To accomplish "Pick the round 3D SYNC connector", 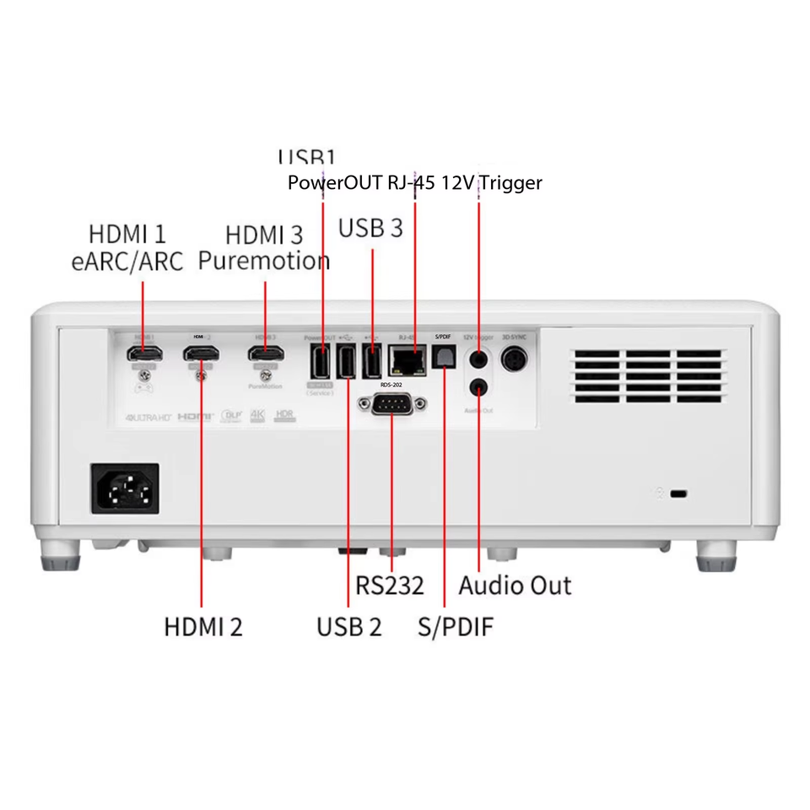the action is pyautogui.click(x=513, y=359).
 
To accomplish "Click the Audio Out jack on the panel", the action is pyautogui.click(x=479, y=387).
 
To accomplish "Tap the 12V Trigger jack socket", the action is pyautogui.click(x=479, y=358).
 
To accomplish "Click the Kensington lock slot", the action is pyautogui.click(x=677, y=493).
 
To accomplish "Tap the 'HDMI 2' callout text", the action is pyautogui.click(x=202, y=627).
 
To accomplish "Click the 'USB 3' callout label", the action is pyautogui.click(x=370, y=228).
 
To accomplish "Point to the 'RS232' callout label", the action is pyautogui.click(x=389, y=586).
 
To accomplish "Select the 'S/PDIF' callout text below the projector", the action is pyautogui.click(x=456, y=627).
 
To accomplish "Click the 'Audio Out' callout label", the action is pyautogui.click(x=515, y=586).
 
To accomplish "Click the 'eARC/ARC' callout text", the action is pyautogui.click(x=127, y=260).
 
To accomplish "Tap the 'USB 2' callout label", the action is pyautogui.click(x=348, y=627).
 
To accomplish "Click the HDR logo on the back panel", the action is pyautogui.click(x=284, y=416).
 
